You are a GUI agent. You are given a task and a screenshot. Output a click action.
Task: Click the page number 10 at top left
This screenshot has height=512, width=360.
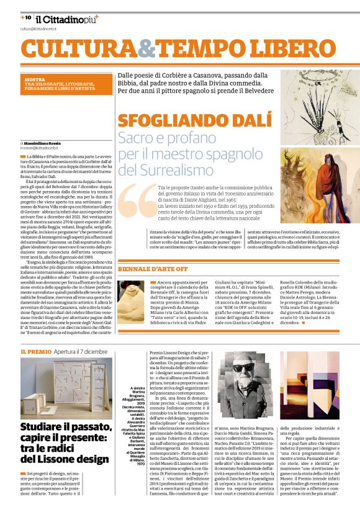[x=27, y=18]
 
